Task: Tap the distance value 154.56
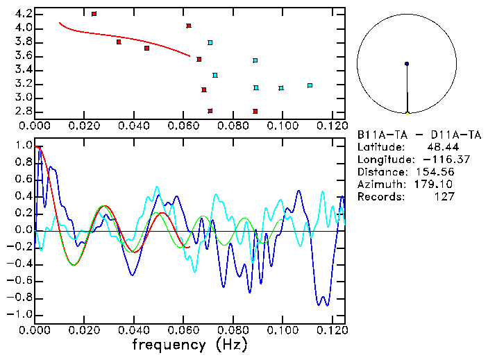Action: pyautogui.click(x=434, y=172)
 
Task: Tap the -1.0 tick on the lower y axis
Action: pyautogui.click(x=19, y=314)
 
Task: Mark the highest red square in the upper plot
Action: pyautogui.click(x=94, y=14)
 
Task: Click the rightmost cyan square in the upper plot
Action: pyautogui.click(x=310, y=85)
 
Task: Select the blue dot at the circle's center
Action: pyautogui.click(x=407, y=64)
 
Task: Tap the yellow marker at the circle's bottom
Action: pyautogui.click(x=407, y=112)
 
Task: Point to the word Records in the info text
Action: pyautogui.click(x=380, y=197)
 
